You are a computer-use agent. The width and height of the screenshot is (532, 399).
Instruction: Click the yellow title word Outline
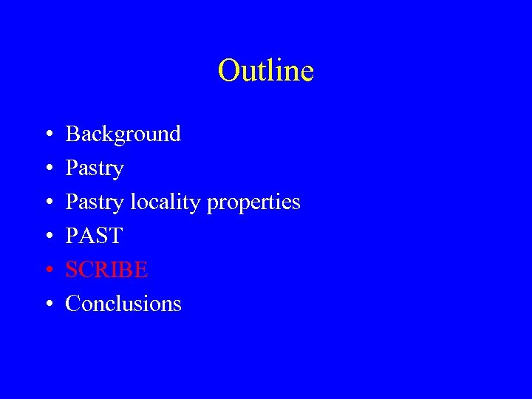[x=266, y=71]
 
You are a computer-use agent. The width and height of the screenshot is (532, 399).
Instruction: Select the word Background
[x=123, y=134]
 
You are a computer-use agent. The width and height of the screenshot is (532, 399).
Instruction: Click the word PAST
[x=94, y=236]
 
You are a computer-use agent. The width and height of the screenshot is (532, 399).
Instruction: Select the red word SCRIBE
[x=107, y=270]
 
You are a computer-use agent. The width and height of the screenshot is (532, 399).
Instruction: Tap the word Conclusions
[x=123, y=304]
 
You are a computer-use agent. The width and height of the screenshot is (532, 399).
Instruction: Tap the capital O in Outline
[x=228, y=71]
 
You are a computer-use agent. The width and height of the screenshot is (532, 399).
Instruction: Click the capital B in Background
[x=72, y=134]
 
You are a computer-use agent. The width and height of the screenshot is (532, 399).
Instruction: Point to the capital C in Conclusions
[x=73, y=304]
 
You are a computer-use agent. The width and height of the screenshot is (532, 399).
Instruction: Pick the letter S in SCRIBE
[x=72, y=270]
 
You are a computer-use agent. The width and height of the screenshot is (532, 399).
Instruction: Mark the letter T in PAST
[x=115, y=236]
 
